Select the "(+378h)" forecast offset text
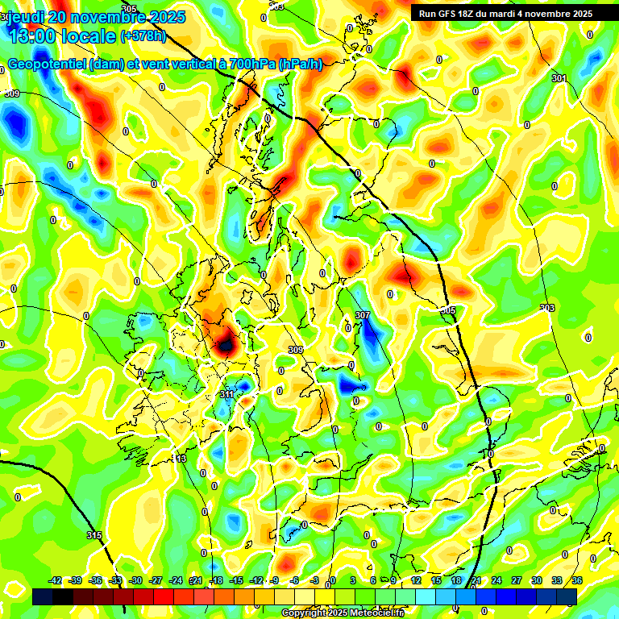[144, 36]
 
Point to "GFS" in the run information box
[451, 13]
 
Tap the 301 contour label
[559, 78]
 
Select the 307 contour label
[363, 315]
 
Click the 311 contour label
[227, 395]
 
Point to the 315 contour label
[94, 535]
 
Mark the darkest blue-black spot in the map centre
[225, 345]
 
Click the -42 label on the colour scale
[56, 580]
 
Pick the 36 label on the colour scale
[577, 580]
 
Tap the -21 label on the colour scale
[195, 580]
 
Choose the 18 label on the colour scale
[456, 580]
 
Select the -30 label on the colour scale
[135, 580]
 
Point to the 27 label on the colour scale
[517, 580]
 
